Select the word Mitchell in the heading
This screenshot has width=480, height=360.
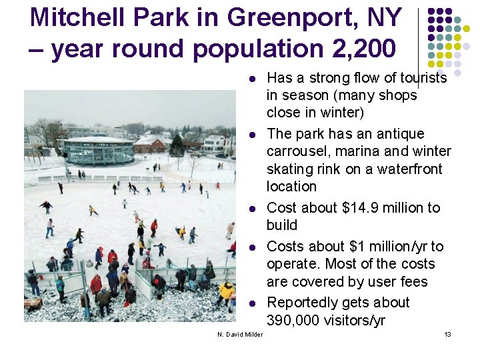point(71,17)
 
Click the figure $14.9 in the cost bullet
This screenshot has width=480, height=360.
point(365,208)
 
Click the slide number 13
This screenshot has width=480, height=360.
point(447,334)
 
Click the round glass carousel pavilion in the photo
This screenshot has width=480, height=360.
point(99,151)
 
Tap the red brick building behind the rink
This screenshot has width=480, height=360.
point(149,145)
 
